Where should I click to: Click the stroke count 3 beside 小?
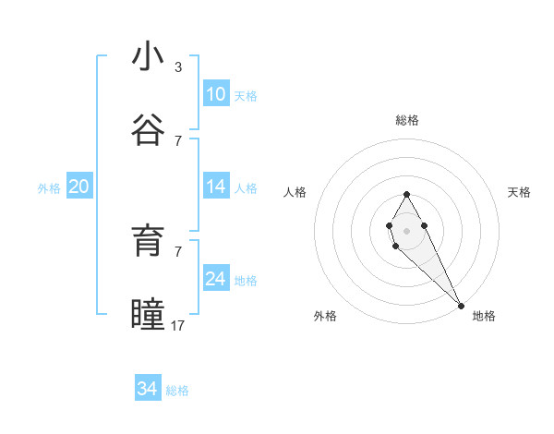click(178, 67)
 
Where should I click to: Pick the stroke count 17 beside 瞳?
click(178, 325)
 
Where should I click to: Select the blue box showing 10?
click(216, 94)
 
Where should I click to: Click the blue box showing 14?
click(216, 187)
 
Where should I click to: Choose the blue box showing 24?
click(216, 279)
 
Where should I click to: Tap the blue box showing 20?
click(79, 187)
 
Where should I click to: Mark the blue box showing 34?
click(148, 389)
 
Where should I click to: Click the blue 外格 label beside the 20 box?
click(49, 188)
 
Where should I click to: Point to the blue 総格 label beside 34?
click(177, 391)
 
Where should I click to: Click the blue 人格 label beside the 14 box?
click(246, 188)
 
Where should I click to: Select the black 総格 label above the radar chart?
click(407, 120)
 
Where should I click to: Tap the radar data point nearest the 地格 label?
click(461, 306)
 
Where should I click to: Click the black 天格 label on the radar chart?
click(519, 192)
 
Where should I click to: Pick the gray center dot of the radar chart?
click(406, 229)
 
